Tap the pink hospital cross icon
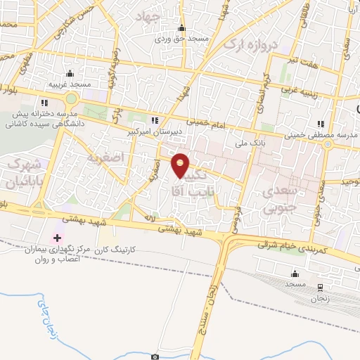57,238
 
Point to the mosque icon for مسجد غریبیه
69,74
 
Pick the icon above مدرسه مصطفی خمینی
321,124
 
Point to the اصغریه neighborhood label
104,158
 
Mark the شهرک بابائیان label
20,173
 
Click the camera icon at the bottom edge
155,356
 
